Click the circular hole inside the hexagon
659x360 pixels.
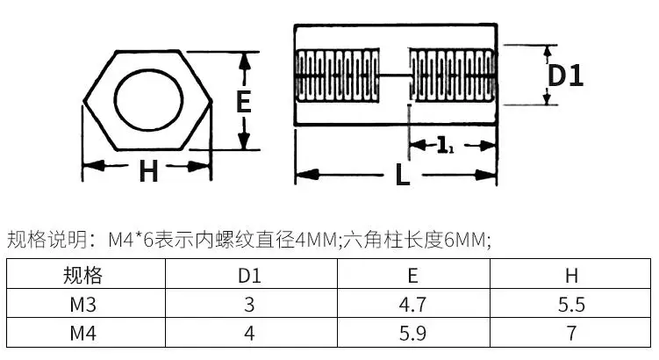[x=149, y=101]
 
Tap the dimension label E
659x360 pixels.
[x=243, y=101]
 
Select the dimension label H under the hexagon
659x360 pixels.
[x=148, y=170]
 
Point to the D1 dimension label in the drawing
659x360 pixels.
[x=566, y=76]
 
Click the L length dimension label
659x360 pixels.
[x=402, y=175]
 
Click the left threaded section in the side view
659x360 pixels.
[x=338, y=76]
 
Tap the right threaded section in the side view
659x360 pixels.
[x=453, y=76]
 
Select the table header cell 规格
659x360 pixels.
[x=82, y=276]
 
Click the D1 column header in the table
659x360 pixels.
[x=249, y=276]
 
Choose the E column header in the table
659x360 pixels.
[x=412, y=276]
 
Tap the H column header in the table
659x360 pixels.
[x=571, y=276]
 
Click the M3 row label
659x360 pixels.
[x=82, y=304]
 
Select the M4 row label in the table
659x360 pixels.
[x=82, y=333]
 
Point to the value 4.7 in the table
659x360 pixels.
[x=412, y=304]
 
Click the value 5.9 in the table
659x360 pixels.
[x=412, y=333]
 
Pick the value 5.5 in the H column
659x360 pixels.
[x=571, y=304]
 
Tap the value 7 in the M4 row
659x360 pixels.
[x=571, y=333]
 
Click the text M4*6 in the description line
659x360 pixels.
[x=131, y=240]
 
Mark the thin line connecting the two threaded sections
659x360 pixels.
[x=395, y=76]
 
